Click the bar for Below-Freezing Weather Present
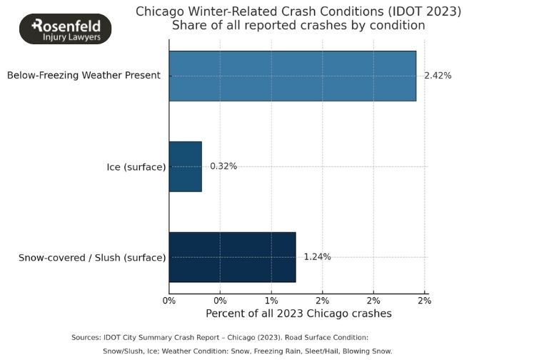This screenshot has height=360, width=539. point(293,76)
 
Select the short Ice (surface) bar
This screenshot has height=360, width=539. point(186,166)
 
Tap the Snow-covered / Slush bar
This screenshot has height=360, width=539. point(232,257)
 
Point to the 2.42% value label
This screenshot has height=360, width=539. point(438,76)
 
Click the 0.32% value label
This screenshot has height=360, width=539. point(223,166)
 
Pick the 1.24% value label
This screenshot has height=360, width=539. point(317,257)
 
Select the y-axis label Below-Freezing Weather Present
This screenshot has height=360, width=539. point(84,76)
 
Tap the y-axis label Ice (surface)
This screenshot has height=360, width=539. point(135,167)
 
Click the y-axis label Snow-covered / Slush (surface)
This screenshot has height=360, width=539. point(92,257)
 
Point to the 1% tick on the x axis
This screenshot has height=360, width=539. point(271,301)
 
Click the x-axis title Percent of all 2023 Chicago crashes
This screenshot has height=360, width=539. point(298,314)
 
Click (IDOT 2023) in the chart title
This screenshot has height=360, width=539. point(428,11)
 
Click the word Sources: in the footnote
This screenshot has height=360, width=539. point(87,337)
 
